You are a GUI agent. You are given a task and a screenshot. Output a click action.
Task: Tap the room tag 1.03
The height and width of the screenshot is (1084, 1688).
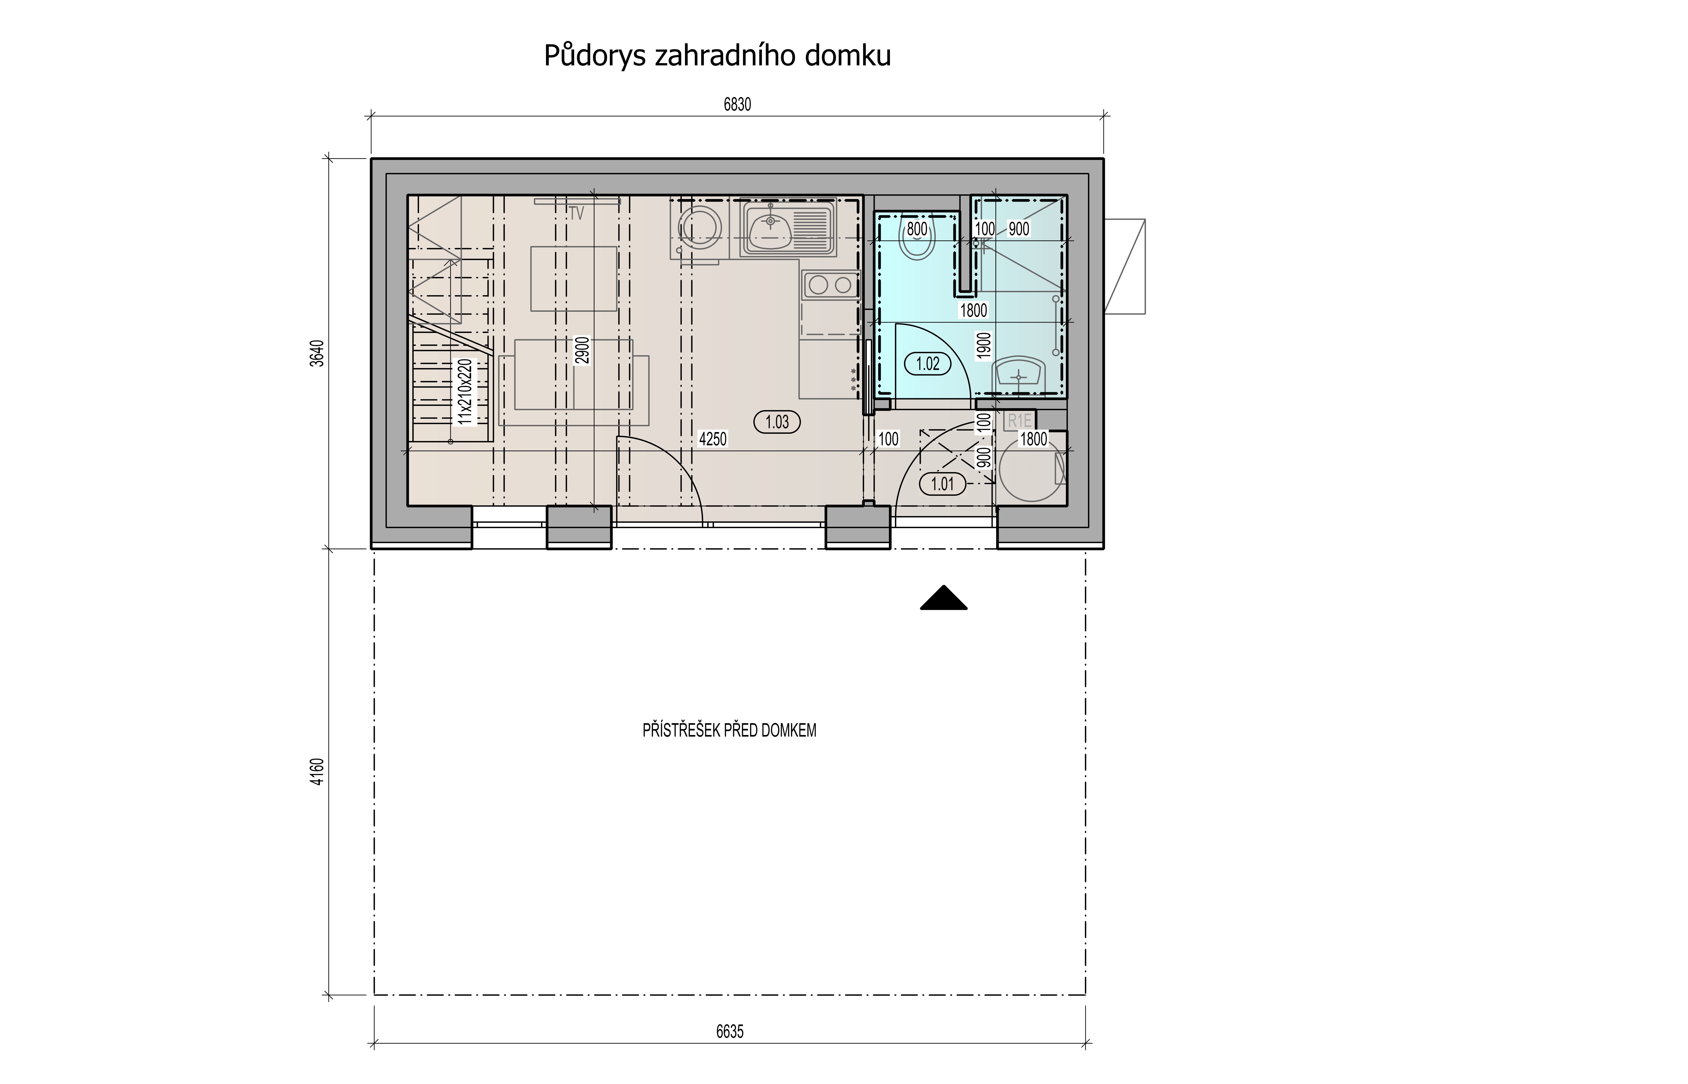click(x=777, y=422)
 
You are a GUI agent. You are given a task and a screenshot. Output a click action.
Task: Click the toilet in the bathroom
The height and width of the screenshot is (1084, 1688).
click(x=917, y=237)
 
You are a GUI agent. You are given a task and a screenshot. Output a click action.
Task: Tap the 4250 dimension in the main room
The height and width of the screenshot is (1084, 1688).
click(x=713, y=439)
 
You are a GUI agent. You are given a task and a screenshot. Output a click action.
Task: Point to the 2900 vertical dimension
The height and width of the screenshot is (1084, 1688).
click(x=581, y=351)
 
